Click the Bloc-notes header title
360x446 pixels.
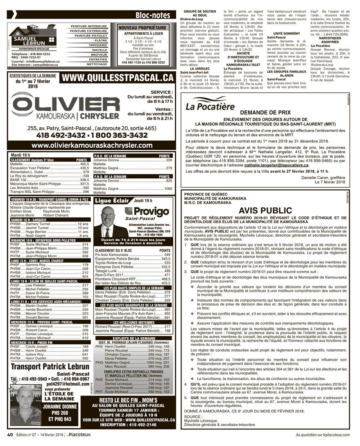pyautogui.click(x=153, y=15)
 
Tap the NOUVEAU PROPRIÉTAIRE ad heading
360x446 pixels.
pyautogui.click(x=143, y=28)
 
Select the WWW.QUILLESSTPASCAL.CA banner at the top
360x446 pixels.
pyautogui.click(x=117, y=78)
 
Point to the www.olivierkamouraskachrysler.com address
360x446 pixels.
pyautogui.click(x=92, y=145)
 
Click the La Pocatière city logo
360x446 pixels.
pyautogui.click(x=210, y=106)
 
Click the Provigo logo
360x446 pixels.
pyautogui.click(x=142, y=211)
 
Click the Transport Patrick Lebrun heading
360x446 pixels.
pyautogui.click(x=50, y=367)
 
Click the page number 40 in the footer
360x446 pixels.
pyautogui.click(x=10, y=434)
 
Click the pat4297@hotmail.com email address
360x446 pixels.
pyautogui.click(x=68, y=384)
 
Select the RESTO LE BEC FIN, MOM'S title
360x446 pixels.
pyautogui.click(x=128, y=400)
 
